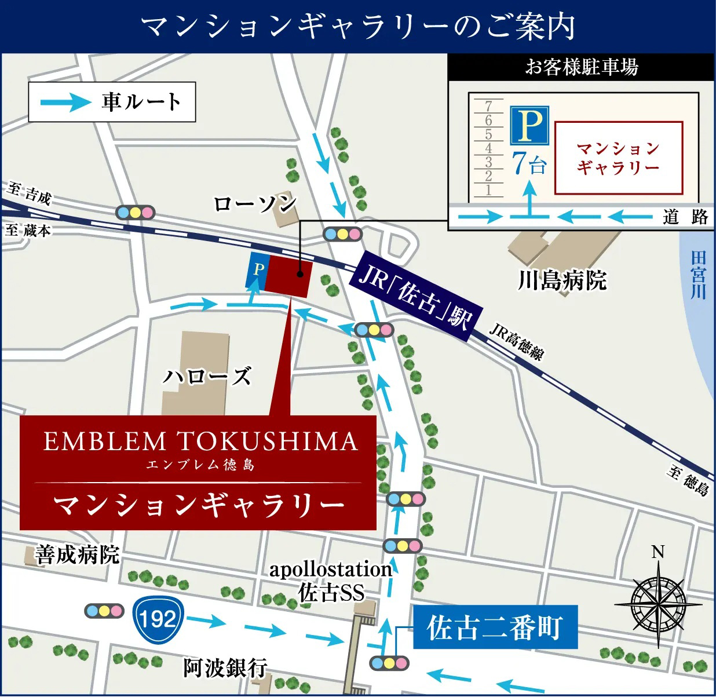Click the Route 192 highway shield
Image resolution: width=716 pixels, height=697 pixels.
[158, 618]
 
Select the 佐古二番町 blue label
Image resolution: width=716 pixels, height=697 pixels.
[495, 627]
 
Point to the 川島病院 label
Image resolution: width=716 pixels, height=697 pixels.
[562, 280]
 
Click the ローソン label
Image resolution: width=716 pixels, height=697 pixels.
[255, 203]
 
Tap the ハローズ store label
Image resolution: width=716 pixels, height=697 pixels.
[207, 377]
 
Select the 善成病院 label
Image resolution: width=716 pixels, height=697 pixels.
[77, 554]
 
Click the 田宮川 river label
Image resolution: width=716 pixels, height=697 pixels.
[699, 275]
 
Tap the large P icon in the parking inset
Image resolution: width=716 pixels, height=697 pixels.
[529, 125]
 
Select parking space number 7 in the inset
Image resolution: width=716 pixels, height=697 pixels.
[488, 106]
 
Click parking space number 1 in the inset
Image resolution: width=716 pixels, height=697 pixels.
[488, 189]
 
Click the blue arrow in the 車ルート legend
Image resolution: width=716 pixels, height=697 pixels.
[66, 103]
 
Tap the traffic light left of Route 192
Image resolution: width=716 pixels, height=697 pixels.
[104, 610]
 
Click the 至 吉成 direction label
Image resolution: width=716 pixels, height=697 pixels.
[30, 193]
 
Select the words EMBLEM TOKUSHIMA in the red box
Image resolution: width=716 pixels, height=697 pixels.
[200, 441]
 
